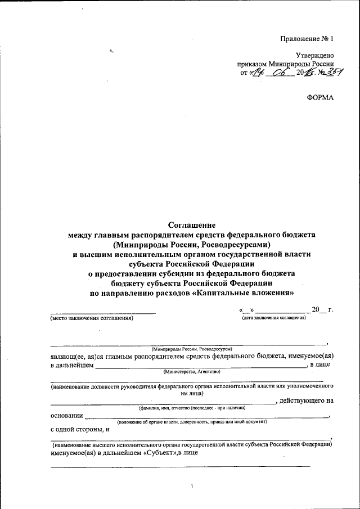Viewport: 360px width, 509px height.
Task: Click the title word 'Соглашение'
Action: [192, 223]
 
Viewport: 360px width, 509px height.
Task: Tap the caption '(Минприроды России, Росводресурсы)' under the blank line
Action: [192, 349]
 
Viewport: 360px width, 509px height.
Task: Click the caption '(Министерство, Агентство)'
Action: [192, 372]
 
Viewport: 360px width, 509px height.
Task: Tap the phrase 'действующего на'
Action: [307, 400]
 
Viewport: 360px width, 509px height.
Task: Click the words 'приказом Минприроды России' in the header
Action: [286, 64]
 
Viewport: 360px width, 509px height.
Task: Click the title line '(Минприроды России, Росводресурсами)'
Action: [192, 244]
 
